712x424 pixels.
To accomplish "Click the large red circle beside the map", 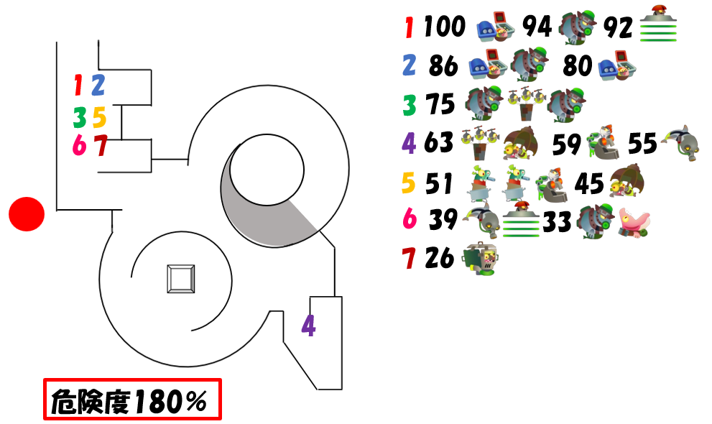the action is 27,214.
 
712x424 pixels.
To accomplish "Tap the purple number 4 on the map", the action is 309,326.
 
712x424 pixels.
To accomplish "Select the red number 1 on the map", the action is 78,86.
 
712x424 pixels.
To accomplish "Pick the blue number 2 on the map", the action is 98,86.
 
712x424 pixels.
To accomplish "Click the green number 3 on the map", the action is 80,117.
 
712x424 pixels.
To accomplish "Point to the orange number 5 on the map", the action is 99,117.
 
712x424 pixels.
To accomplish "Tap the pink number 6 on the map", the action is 80,145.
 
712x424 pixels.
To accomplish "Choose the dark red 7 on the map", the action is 101,145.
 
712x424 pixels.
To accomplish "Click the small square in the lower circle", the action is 181,279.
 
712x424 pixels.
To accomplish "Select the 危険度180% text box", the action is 133,399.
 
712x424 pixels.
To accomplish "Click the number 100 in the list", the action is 445,27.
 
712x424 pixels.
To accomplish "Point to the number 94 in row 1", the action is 537,27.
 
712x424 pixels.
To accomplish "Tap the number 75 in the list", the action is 440,104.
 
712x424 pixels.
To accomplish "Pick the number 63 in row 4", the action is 439,142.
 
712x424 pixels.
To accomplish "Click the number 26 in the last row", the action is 440,258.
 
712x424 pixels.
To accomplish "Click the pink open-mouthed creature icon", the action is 634,223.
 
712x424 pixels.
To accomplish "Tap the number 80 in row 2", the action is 578,65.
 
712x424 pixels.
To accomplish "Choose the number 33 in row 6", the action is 557,222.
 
